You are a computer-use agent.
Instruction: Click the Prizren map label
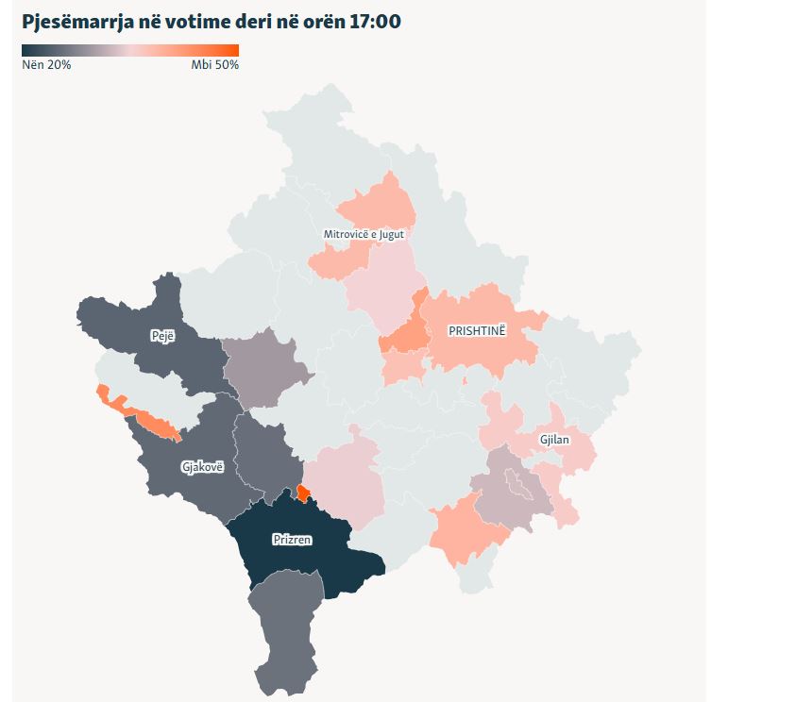click(292, 540)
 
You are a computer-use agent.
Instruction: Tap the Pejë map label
click(162, 336)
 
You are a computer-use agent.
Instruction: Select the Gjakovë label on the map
click(203, 466)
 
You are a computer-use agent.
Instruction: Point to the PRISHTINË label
click(477, 330)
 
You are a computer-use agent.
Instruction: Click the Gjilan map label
click(554, 440)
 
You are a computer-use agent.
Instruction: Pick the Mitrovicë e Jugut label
click(364, 234)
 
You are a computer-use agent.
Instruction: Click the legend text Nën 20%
click(46, 65)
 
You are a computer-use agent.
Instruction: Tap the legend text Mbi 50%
click(214, 65)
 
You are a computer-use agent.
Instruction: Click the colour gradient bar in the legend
click(130, 51)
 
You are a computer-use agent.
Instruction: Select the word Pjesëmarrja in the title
click(72, 21)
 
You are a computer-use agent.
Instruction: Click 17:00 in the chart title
click(373, 21)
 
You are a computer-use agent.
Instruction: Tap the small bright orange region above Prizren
click(303, 493)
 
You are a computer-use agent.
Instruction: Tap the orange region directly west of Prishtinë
click(403, 337)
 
